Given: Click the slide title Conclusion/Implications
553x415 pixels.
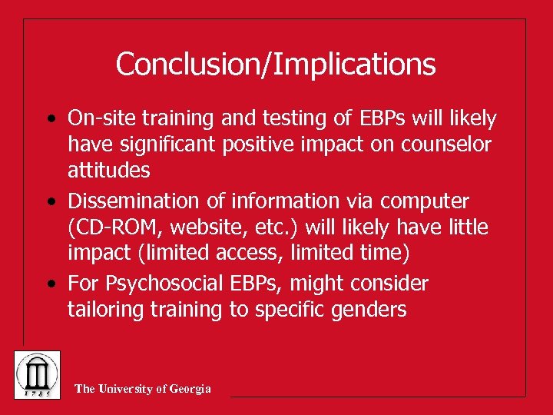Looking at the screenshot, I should tap(276, 64).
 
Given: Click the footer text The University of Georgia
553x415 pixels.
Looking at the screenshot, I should tap(143, 389).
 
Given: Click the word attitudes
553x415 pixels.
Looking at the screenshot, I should tap(108, 169).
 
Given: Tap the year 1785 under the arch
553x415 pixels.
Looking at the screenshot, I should tap(37, 391).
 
